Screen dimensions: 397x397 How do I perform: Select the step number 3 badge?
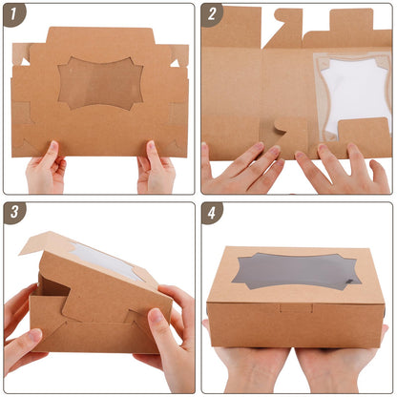click(15, 214)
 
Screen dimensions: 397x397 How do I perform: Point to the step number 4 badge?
click(212, 214)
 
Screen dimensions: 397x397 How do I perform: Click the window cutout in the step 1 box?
click(100, 84)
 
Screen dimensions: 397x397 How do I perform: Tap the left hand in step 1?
click(45, 172)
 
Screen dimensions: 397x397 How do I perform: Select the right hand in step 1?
click(155, 172)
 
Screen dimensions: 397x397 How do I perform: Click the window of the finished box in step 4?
click(296, 273)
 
